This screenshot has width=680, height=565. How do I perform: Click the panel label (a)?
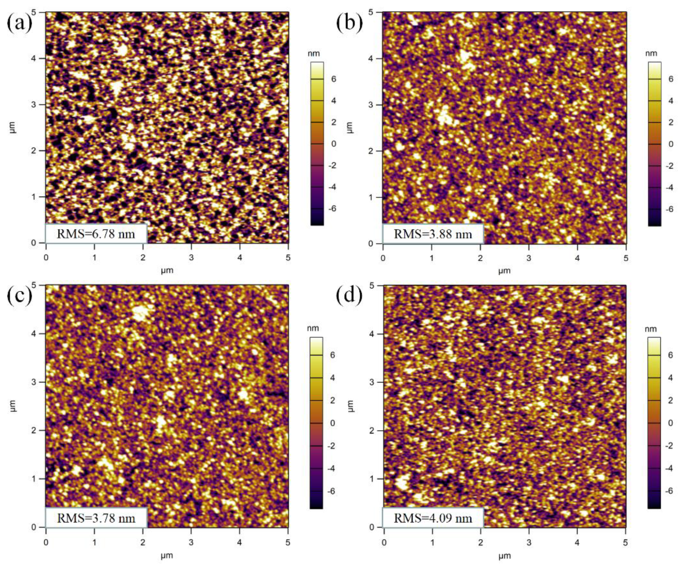coord(19,23)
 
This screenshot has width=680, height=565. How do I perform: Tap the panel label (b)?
coord(349,23)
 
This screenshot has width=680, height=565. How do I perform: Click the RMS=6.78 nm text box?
coord(96,234)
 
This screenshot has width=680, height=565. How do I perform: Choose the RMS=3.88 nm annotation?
coord(433,234)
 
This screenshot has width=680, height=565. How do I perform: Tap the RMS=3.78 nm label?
coord(96,518)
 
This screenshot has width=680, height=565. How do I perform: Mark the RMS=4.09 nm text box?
coord(433,518)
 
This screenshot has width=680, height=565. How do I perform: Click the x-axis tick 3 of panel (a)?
coord(191,258)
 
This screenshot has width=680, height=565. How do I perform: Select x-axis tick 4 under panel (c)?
coord(240,542)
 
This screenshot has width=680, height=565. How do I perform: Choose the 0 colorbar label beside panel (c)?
coord(333,423)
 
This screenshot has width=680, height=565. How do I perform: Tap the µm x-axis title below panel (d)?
coord(504,556)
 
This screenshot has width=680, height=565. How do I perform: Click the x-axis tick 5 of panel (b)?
coord(626,258)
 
